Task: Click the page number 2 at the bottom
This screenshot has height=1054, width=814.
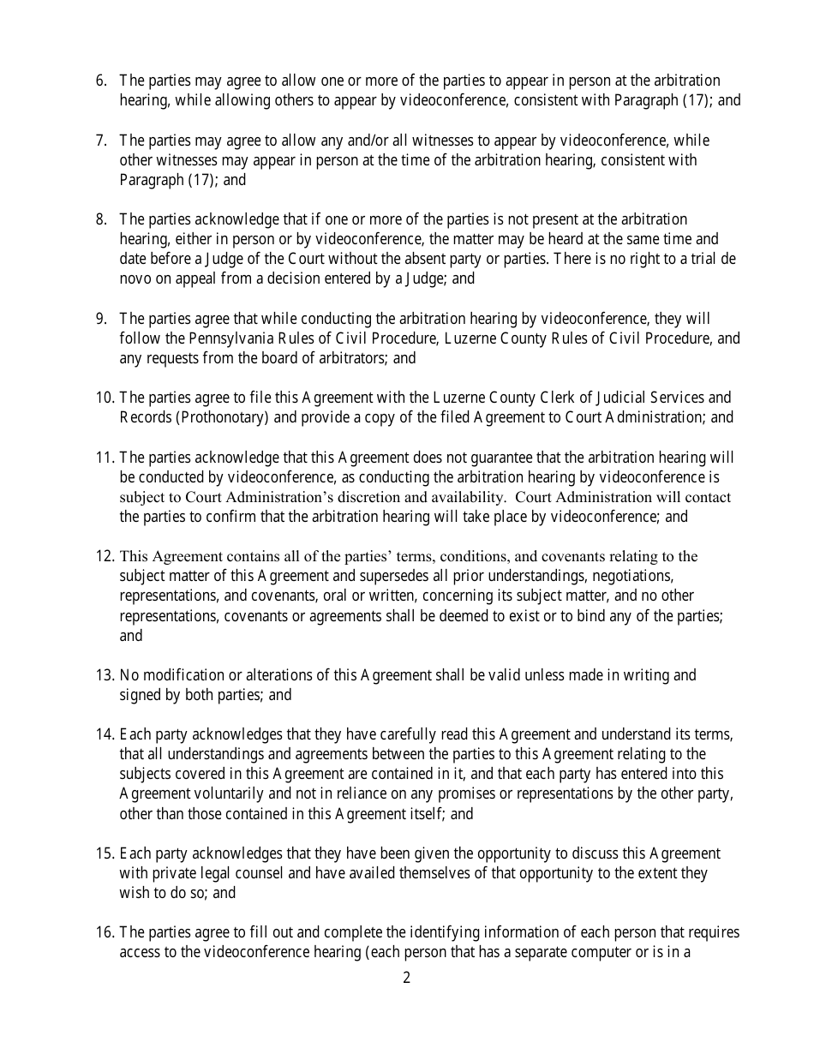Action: tap(407, 978)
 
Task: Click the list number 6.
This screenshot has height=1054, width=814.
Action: tap(101, 81)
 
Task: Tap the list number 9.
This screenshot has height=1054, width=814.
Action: tap(101, 319)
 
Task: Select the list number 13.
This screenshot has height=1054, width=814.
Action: tap(105, 675)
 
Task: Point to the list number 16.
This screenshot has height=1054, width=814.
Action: tap(105, 932)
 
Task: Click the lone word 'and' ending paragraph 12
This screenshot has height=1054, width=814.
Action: tap(130, 636)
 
